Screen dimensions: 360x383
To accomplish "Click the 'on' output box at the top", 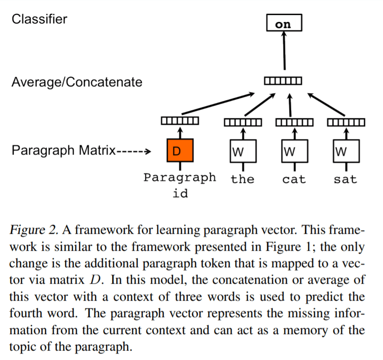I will click(284, 23).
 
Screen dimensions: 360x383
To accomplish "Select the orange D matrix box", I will click(180, 150).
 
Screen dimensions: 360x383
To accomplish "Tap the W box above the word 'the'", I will click(242, 150).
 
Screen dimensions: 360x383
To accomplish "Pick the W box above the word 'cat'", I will click(294, 150).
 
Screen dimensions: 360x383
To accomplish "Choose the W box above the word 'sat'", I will click(345, 150).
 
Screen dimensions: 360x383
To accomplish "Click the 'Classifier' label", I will click(39, 19).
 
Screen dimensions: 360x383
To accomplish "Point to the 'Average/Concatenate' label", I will click(77, 82).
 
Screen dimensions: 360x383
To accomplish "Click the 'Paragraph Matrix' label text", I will click(64, 150).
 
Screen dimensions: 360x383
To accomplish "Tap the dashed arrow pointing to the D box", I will click(134, 151).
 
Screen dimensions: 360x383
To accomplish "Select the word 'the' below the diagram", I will click(242, 179).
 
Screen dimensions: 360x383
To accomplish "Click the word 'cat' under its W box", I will click(294, 179).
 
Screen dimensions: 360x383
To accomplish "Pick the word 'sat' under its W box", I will click(345, 179).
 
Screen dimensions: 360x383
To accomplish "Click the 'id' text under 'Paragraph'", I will click(180, 193).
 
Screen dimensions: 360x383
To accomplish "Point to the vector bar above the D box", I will click(180, 121).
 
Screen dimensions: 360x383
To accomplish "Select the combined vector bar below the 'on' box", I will click(283, 81).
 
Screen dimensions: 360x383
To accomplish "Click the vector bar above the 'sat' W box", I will click(346, 122).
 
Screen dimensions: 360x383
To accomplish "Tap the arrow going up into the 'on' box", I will click(284, 50).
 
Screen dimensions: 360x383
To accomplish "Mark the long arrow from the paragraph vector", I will click(217, 104).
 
